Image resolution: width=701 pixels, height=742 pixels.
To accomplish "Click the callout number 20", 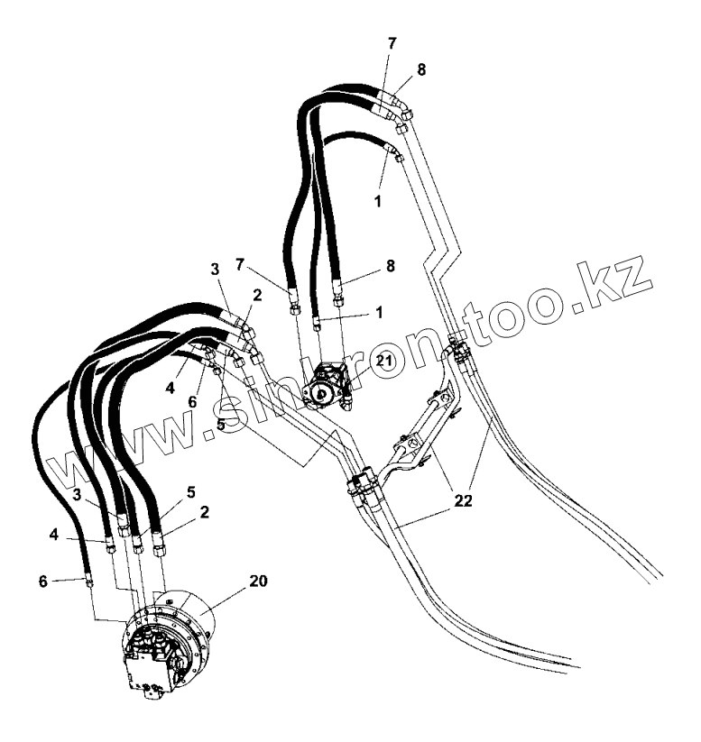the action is pyautogui.click(x=258, y=582).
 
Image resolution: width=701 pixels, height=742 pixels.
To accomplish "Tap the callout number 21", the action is pyautogui.click(x=384, y=362).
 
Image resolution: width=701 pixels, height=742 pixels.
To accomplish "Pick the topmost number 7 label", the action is pyautogui.click(x=392, y=44).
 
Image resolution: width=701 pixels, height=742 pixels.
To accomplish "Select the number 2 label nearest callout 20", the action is pyautogui.click(x=206, y=511).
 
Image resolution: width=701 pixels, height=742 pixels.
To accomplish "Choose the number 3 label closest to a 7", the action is pyautogui.click(x=215, y=270).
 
